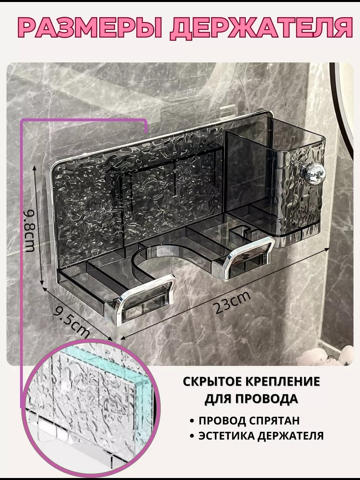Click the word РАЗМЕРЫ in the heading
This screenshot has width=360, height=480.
(90, 28)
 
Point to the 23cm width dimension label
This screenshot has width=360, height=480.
(232, 303)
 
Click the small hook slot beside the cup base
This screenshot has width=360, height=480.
(240, 231)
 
